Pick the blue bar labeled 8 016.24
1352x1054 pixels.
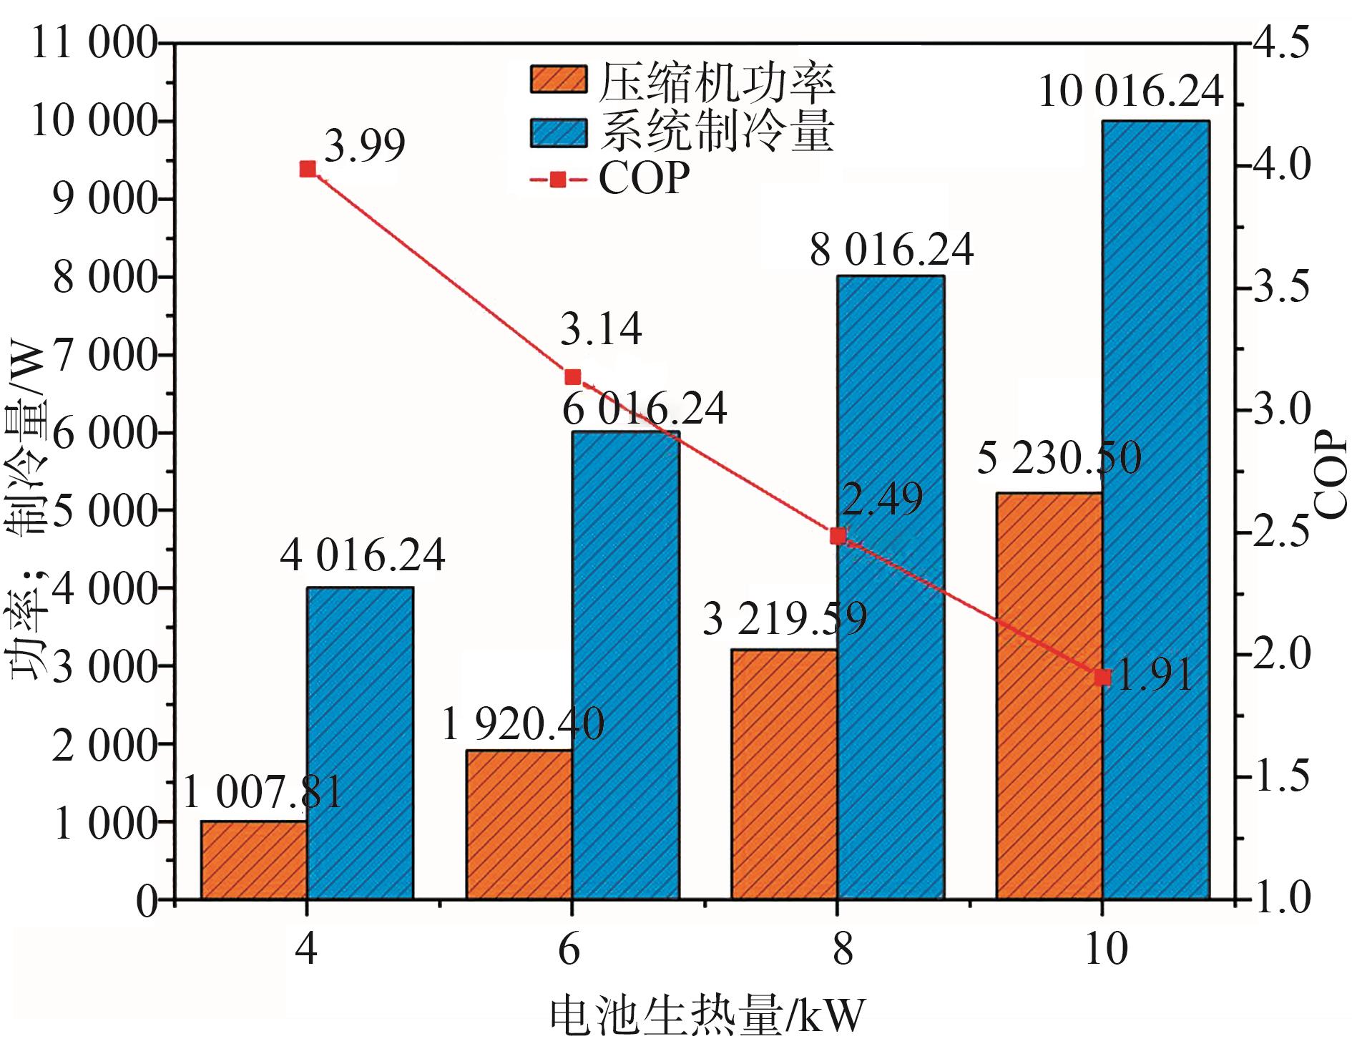(891, 587)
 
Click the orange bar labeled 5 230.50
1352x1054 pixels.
(1049, 696)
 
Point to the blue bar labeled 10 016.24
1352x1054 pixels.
(1155, 509)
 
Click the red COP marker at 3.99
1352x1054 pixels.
(308, 169)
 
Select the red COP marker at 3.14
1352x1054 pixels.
(572, 377)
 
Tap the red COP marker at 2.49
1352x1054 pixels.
(838, 536)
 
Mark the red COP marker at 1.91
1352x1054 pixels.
(1102, 677)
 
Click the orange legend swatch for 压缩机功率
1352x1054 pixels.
(558, 79)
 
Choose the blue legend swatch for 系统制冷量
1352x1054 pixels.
(558, 132)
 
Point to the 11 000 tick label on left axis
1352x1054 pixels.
(94, 44)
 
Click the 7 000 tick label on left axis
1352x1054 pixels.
(105, 356)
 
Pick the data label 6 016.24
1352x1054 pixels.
(644, 409)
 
